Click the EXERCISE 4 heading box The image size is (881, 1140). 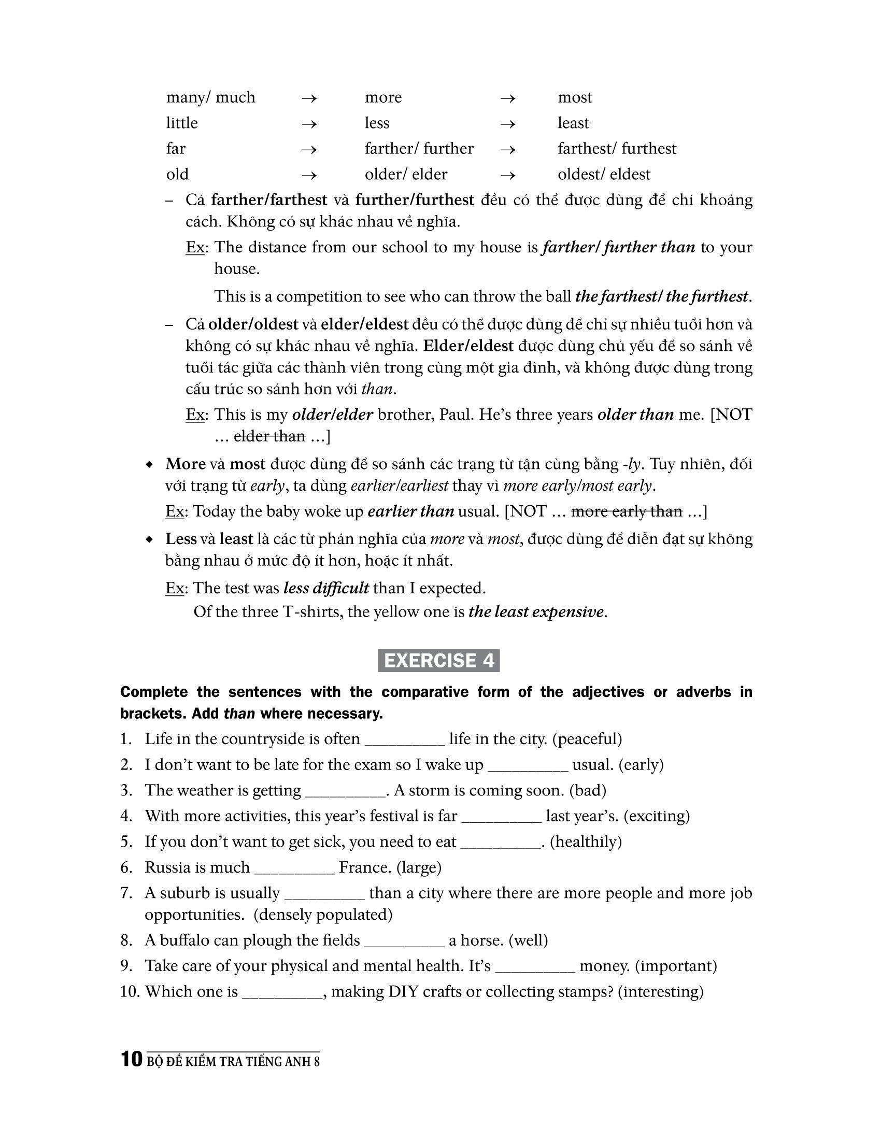point(438,660)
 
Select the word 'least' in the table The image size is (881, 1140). point(573,123)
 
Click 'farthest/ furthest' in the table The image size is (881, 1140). point(616,149)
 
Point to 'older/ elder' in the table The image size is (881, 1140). point(406,174)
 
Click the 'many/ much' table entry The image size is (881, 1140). point(210,97)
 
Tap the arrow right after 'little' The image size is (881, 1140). point(309,124)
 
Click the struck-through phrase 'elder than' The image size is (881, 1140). point(269,436)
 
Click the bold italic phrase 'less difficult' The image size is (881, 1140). point(326,588)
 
